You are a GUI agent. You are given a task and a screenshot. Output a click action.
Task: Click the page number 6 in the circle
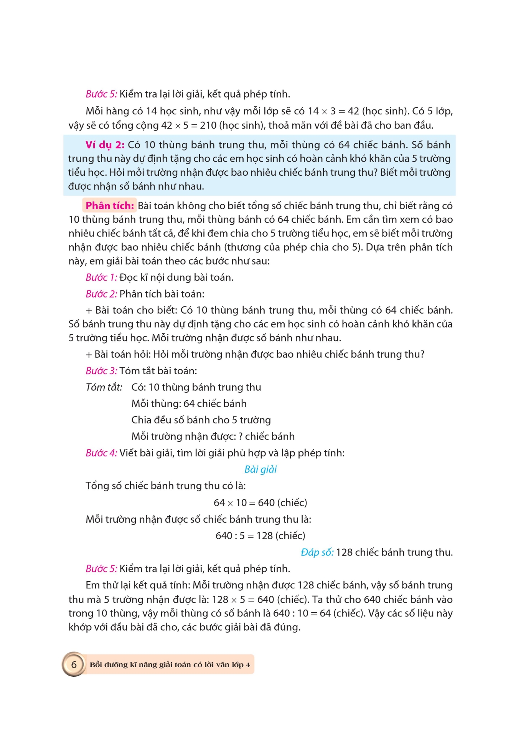(74, 664)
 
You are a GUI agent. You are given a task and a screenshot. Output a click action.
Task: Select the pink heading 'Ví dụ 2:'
(105, 145)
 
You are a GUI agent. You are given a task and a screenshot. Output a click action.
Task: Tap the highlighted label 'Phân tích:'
(109, 206)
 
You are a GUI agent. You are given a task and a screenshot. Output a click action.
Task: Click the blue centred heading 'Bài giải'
(260, 469)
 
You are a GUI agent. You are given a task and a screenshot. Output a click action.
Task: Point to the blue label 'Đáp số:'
(317, 552)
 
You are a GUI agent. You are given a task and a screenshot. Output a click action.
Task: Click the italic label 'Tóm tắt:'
(104, 387)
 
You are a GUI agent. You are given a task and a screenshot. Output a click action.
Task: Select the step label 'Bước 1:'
(101, 277)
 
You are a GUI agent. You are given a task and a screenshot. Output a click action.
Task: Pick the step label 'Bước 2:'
(101, 294)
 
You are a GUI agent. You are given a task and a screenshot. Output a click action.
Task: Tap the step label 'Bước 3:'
(101, 370)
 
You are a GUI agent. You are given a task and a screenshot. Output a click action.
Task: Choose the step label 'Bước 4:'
(101, 453)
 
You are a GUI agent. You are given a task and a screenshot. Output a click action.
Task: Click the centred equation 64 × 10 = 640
(260, 502)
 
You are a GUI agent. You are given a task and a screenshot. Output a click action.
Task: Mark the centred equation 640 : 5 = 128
(260, 535)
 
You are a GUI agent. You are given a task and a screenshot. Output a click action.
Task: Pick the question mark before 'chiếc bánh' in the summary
(241, 436)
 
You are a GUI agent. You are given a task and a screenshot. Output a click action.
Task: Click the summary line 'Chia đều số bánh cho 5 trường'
(201, 420)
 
